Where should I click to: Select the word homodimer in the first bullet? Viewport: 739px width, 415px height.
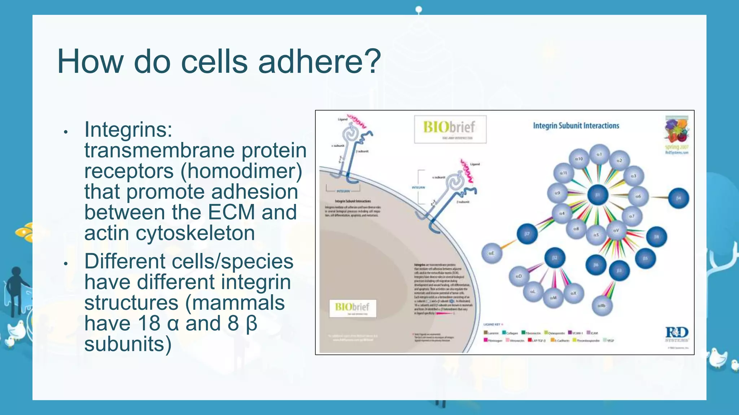tap(241, 171)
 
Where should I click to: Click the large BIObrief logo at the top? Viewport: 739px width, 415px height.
tap(450, 129)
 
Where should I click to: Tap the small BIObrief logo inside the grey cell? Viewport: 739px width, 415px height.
tap(352, 308)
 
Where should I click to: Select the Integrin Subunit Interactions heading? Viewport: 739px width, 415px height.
tap(576, 126)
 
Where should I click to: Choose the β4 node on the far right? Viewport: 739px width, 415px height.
tap(678, 198)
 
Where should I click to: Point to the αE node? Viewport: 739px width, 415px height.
tap(492, 253)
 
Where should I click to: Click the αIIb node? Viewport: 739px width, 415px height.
tap(602, 306)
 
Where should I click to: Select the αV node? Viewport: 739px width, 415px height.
tap(616, 230)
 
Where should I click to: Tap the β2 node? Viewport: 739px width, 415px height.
tap(555, 258)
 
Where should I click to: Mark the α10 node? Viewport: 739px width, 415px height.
tap(579, 159)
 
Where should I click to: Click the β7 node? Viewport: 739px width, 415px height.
tap(527, 234)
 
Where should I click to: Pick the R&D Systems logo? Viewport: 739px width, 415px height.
tap(677, 334)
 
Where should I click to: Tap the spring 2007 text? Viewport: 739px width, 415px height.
tap(677, 147)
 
